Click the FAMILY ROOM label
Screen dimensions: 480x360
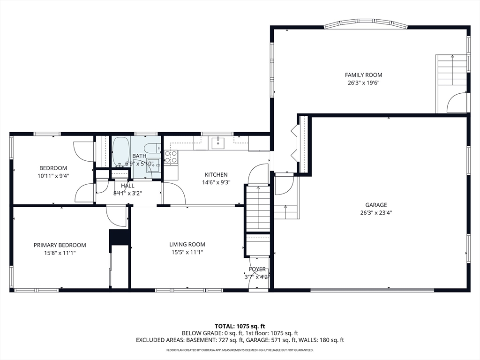[363, 75]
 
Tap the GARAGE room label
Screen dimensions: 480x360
[376, 205]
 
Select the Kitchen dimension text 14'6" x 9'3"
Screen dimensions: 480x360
[216, 182]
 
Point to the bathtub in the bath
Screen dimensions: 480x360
[121, 151]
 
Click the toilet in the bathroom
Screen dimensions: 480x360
[152, 148]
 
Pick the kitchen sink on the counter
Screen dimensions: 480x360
[218, 142]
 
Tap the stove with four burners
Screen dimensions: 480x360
[171, 157]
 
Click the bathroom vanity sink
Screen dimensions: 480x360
[153, 165]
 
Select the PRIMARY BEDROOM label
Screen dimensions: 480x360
[60, 245]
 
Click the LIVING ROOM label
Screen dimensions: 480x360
[187, 245]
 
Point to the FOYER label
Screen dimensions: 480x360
[257, 269]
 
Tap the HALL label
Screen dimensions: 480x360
[127, 186]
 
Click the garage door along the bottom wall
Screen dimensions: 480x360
[372, 290]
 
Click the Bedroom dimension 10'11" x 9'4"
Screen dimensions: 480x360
[53, 176]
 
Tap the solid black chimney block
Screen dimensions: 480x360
[120, 237]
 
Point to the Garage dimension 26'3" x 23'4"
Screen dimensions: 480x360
[376, 213]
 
